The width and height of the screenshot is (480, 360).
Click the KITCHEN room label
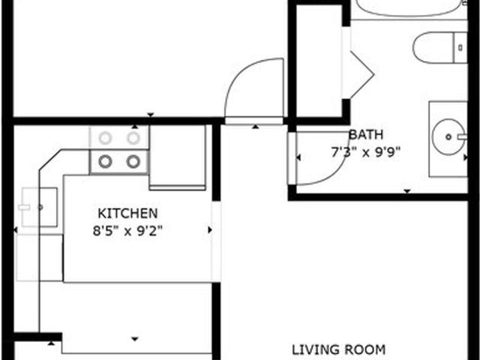pos(127,213)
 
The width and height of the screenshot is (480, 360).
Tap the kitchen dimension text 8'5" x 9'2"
pos(127,230)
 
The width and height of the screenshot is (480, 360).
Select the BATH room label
pos(366,135)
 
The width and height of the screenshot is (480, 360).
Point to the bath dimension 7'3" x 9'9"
pos(366,152)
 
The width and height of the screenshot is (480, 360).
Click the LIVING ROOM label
pos(338,349)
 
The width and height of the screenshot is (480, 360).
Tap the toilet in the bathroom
pos(440,47)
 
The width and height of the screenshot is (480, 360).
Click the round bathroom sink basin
pos(448,136)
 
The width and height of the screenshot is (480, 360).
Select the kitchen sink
pos(40,207)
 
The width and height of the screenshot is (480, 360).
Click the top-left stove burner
pos(105,138)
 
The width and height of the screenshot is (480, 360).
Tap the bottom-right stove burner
pos(133,161)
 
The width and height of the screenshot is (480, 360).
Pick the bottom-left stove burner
pos(105,161)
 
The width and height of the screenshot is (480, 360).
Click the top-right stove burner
pos(133,138)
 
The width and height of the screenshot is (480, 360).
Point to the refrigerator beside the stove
pos(178,157)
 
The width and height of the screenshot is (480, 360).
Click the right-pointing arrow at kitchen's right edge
pos(210,230)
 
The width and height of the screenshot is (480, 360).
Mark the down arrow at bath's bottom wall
pos(406,191)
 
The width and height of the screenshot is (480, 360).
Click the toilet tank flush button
pos(460,47)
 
